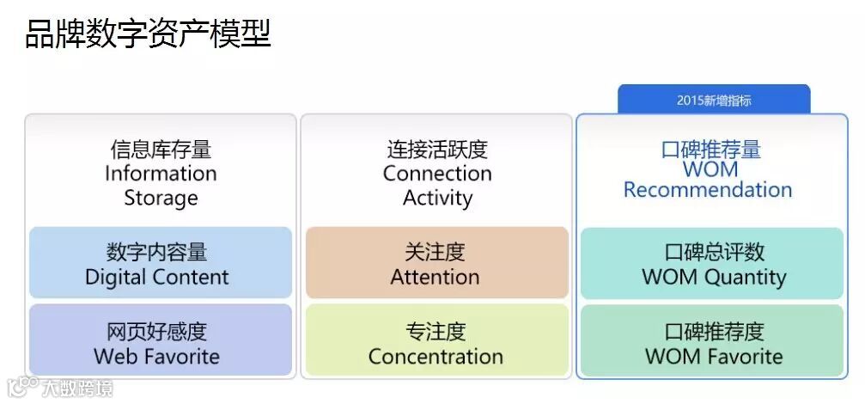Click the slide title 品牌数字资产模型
tap(148, 34)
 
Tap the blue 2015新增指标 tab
tap(714, 100)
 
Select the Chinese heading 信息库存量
tap(161, 150)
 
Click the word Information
tap(161, 173)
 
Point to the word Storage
tap(161, 198)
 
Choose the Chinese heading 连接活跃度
tap(437, 150)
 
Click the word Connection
tap(437, 173)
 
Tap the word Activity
tap(437, 198)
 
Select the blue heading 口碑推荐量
tap(711, 149)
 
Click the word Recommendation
tap(708, 189)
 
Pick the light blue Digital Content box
tap(161, 263)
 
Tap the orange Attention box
tap(437, 263)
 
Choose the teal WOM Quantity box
tap(712, 263)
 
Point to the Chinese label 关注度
tap(436, 252)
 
